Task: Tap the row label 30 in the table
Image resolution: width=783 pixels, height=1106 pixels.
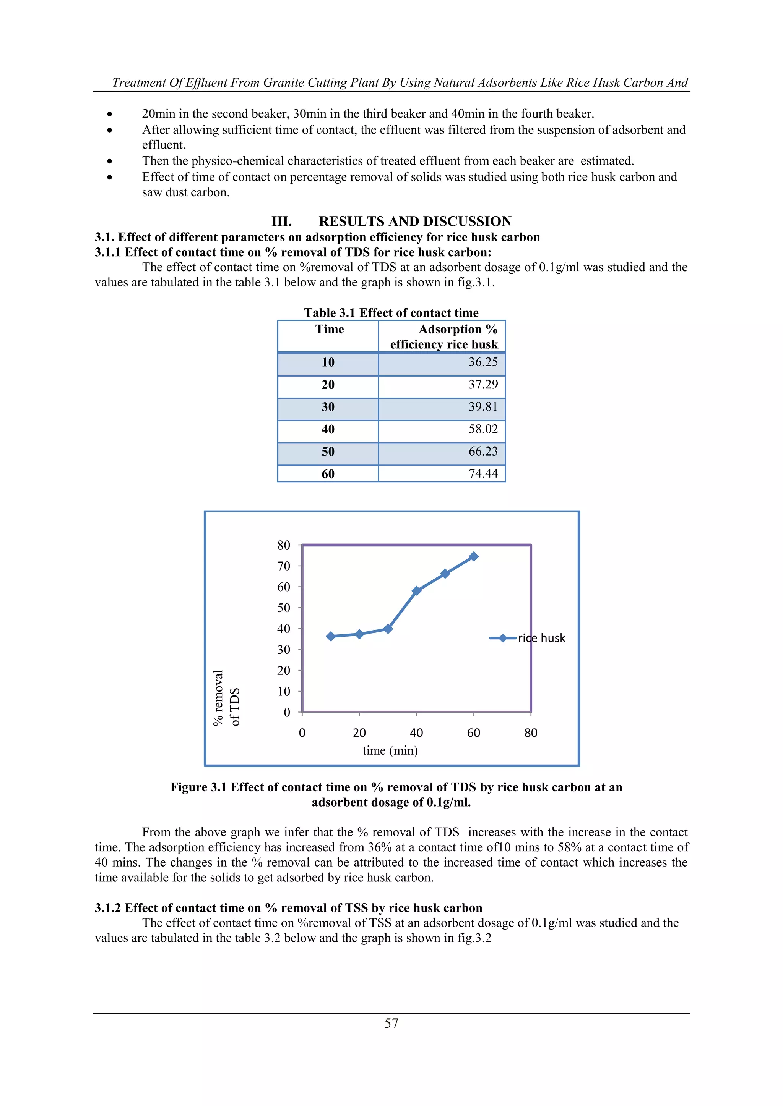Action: click(328, 407)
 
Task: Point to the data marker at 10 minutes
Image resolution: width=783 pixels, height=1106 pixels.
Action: click(331, 636)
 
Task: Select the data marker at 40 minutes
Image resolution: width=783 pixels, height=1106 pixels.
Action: click(417, 590)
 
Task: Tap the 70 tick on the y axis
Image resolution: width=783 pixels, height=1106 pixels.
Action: click(284, 566)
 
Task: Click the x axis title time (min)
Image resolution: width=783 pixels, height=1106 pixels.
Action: click(390, 750)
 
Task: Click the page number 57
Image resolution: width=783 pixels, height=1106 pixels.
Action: click(391, 1023)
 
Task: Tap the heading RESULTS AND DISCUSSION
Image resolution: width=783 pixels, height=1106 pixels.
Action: click(415, 221)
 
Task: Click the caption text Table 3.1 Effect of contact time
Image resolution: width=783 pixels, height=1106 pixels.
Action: click(391, 313)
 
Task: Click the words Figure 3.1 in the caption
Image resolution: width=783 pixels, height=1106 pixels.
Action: click(198, 787)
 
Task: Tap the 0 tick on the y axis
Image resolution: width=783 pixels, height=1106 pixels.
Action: click(287, 712)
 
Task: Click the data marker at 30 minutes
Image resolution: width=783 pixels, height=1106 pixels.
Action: click(388, 629)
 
